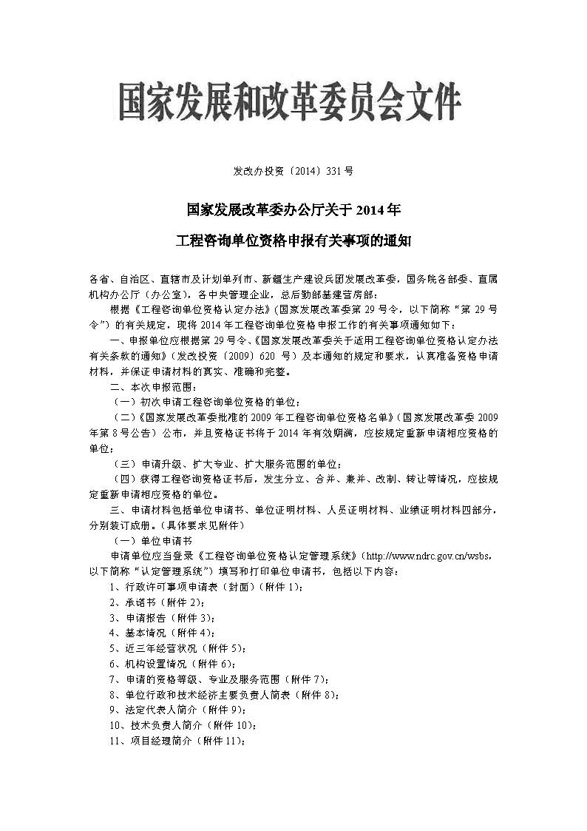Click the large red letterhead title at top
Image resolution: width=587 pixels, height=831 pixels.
(x=290, y=104)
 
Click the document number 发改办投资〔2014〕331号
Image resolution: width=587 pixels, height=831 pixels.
(x=293, y=171)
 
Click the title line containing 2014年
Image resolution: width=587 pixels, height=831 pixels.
(x=293, y=210)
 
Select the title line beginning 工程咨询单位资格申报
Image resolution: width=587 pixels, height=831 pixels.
(x=293, y=241)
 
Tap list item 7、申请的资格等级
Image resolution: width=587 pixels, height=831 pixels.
(x=218, y=679)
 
